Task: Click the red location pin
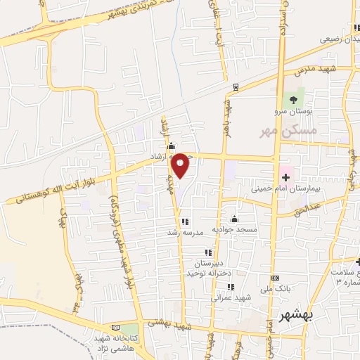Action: point(181,165)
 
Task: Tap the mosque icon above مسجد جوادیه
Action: point(234,219)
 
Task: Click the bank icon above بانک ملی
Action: point(274,278)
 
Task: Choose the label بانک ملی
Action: point(275,288)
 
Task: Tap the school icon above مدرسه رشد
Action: point(185,221)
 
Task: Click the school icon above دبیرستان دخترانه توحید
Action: point(207,252)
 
